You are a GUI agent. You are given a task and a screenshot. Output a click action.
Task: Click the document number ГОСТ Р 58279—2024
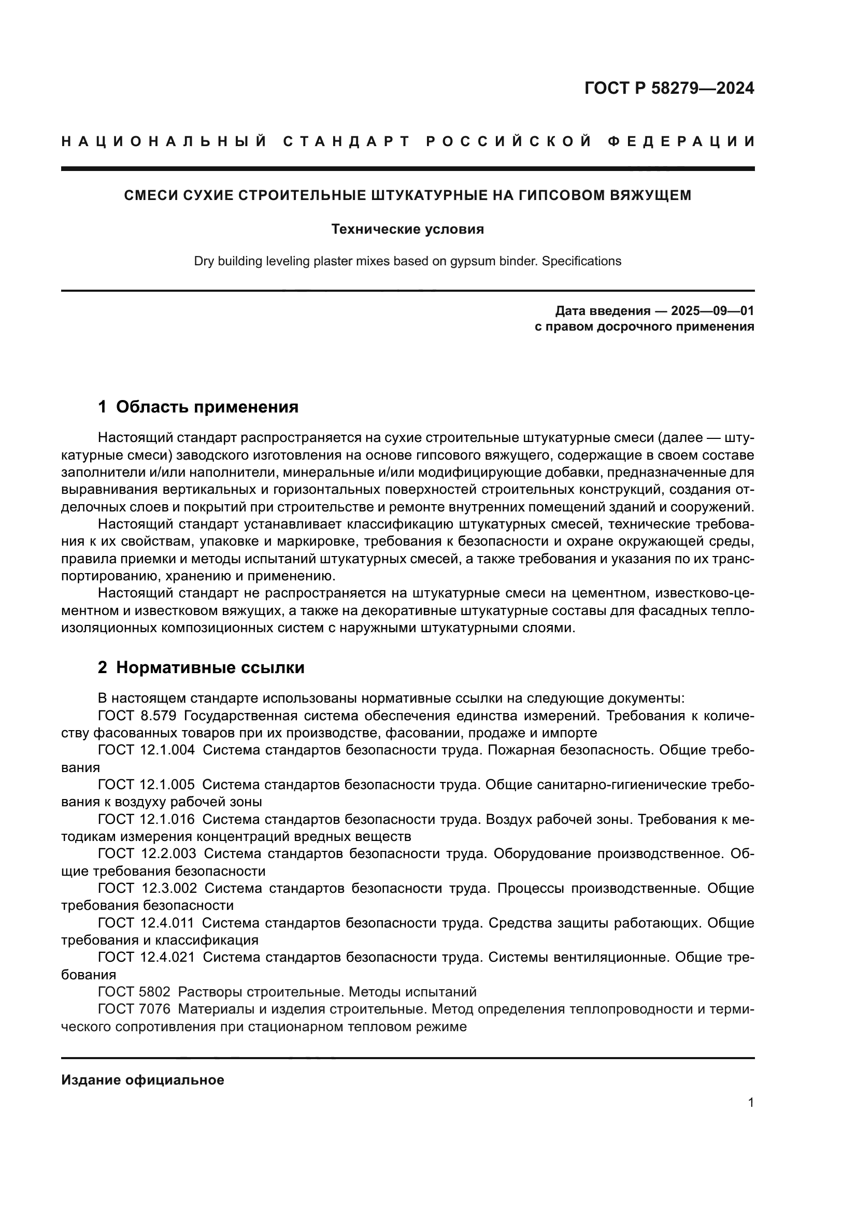click(x=669, y=88)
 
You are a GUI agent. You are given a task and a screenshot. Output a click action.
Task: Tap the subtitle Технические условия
click(x=407, y=230)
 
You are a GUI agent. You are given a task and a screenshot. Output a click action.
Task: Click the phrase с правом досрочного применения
click(x=645, y=327)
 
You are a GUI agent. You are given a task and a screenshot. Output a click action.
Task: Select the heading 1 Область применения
click(x=198, y=407)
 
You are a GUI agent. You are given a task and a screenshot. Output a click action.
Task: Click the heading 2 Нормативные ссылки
click(x=201, y=668)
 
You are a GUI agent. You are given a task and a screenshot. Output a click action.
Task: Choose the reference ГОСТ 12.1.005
click(x=146, y=785)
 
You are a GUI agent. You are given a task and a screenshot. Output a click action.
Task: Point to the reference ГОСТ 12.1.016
click(x=146, y=819)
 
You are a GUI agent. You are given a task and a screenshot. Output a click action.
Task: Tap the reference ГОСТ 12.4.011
click(x=146, y=923)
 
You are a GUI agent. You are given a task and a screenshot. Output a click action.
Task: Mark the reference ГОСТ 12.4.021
click(x=146, y=957)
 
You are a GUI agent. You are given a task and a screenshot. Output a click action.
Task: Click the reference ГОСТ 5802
click(x=134, y=992)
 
